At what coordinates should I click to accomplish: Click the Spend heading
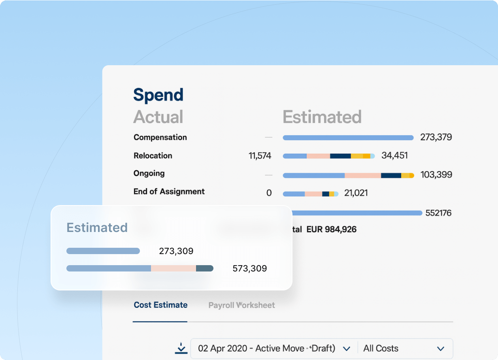click(158, 95)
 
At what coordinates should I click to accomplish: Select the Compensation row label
click(160, 138)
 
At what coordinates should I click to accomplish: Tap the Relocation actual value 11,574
click(260, 156)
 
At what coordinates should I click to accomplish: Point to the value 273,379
click(436, 138)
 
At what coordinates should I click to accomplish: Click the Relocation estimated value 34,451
click(394, 156)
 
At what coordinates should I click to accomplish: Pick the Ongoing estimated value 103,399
click(436, 175)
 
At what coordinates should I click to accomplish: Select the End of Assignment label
click(169, 192)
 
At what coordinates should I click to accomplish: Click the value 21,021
click(356, 193)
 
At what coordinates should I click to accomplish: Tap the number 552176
click(438, 213)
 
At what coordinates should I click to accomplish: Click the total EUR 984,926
click(331, 229)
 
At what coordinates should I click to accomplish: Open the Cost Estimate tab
click(160, 305)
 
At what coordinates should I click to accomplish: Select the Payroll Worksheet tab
click(241, 305)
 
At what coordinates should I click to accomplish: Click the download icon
click(181, 348)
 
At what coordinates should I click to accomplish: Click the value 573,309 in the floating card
click(250, 269)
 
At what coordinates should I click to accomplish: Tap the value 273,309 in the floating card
click(176, 251)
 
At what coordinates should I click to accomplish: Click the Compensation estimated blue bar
click(348, 138)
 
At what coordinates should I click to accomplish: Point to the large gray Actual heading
click(158, 117)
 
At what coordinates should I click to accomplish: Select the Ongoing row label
click(149, 173)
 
